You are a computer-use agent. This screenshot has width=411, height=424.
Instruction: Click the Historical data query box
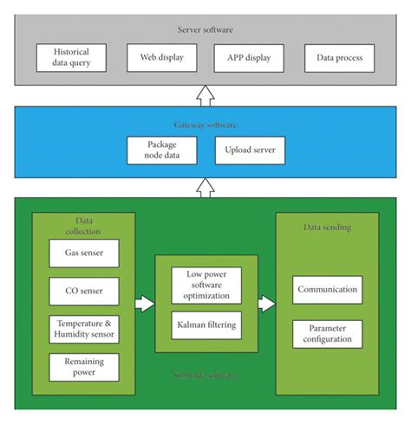(x=70, y=58)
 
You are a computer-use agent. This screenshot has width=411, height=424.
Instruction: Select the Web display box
(x=156, y=58)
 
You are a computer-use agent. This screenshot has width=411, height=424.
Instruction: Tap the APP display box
(x=248, y=58)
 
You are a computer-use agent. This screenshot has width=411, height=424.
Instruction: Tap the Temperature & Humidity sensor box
(x=83, y=329)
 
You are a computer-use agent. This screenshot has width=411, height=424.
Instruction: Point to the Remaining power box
(x=83, y=367)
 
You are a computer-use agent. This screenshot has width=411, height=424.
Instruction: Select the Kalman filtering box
(x=205, y=325)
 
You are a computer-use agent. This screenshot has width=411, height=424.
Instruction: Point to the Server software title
(x=205, y=29)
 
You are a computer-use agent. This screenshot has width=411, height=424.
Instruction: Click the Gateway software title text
(x=205, y=125)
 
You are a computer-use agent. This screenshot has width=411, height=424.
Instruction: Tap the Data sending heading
(x=327, y=227)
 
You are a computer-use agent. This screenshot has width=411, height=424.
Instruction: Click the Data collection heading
(x=83, y=227)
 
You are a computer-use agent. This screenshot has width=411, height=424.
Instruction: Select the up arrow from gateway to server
(x=205, y=94)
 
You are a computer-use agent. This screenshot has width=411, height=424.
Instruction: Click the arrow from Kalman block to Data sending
(x=265, y=304)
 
